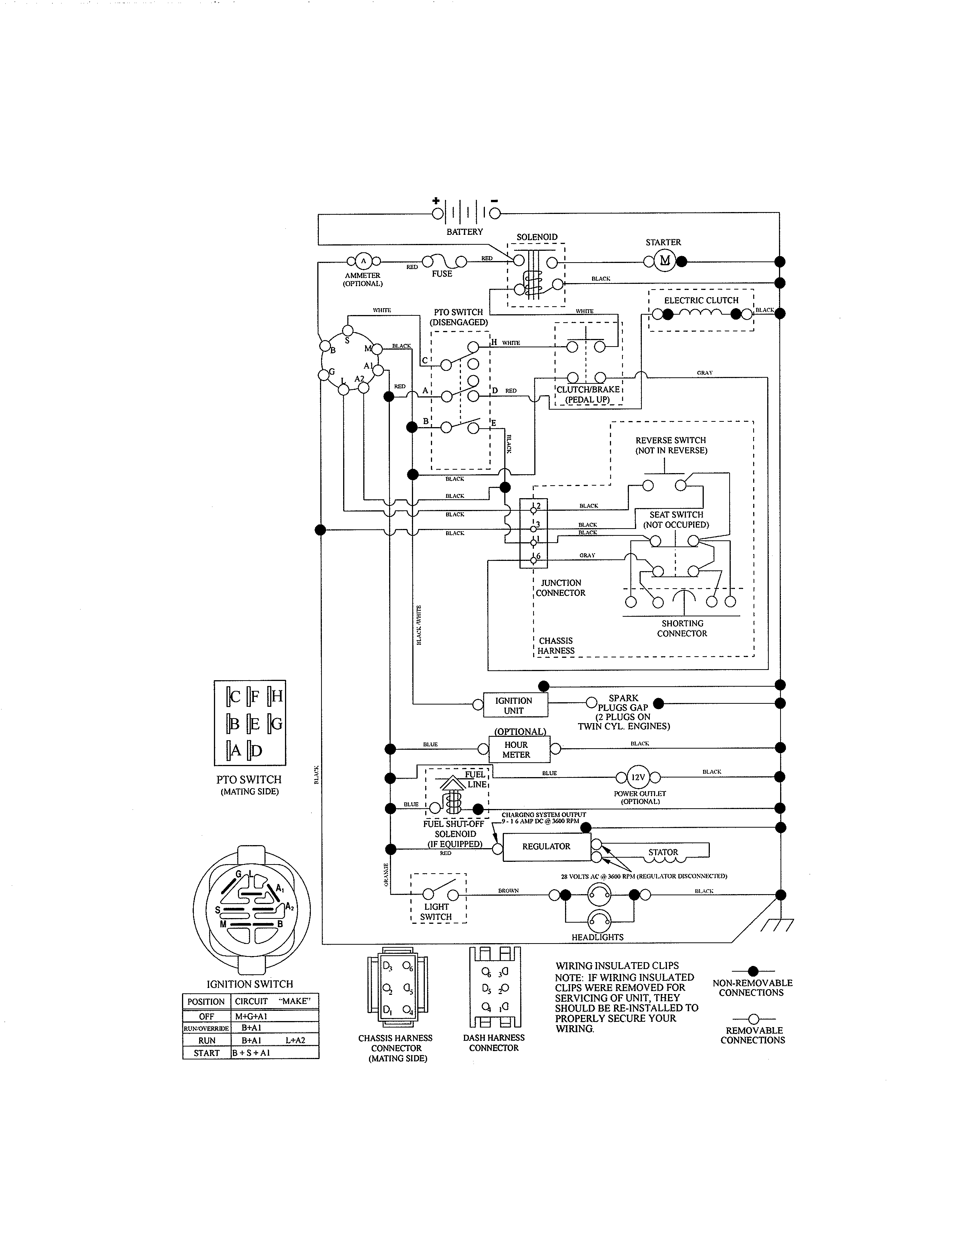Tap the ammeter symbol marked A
coord(363,261)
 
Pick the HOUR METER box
coord(516,749)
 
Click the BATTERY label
coord(464,231)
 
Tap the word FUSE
coord(442,274)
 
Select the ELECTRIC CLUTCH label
coord(701,300)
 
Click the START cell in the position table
coord(207,1053)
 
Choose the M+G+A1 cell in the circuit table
coord(251,1016)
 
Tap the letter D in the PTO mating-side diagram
coord(256,750)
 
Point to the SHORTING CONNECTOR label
coord(682,628)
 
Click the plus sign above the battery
coord(436,200)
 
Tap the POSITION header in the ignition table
coord(206,1001)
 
